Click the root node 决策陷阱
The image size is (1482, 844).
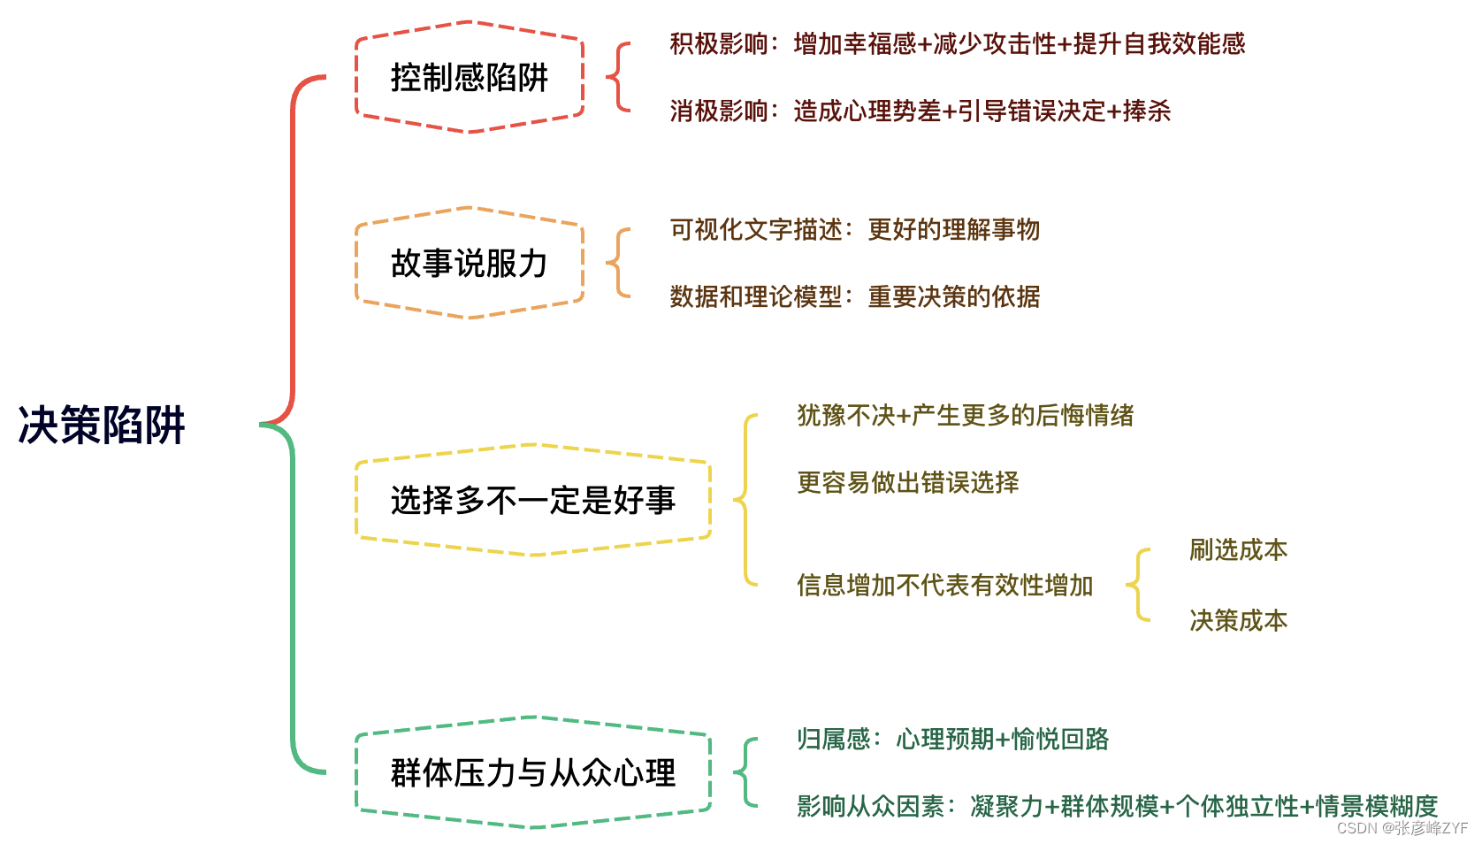point(102,426)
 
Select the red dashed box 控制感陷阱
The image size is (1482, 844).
point(470,78)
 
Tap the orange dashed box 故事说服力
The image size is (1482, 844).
point(470,263)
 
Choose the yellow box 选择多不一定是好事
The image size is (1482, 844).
point(532,501)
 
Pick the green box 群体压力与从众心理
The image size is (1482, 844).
point(532,772)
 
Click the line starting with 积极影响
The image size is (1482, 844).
point(957,43)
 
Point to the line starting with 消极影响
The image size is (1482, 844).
point(920,111)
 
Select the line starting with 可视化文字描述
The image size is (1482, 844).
point(854,230)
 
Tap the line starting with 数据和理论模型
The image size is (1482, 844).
point(854,296)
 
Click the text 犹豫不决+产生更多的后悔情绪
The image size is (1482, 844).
point(965,415)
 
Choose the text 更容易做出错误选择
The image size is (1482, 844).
point(907,482)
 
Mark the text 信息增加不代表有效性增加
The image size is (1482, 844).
point(944,585)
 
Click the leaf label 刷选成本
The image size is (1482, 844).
point(1238,549)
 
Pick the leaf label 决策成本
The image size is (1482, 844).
point(1238,620)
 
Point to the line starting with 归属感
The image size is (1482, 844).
point(952,739)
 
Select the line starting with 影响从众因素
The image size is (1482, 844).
point(1117,806)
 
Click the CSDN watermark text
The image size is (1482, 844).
point(1402,828)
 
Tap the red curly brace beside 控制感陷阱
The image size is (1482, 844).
point(619,77)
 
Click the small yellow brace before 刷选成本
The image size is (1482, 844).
point(1138,585)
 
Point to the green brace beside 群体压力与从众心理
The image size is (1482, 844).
point(745,772)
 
